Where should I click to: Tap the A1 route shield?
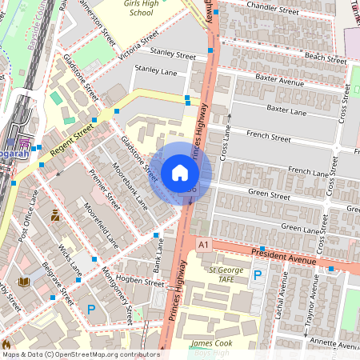[205, 244]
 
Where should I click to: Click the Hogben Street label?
[139, 282]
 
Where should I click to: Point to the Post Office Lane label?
[29, 215]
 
